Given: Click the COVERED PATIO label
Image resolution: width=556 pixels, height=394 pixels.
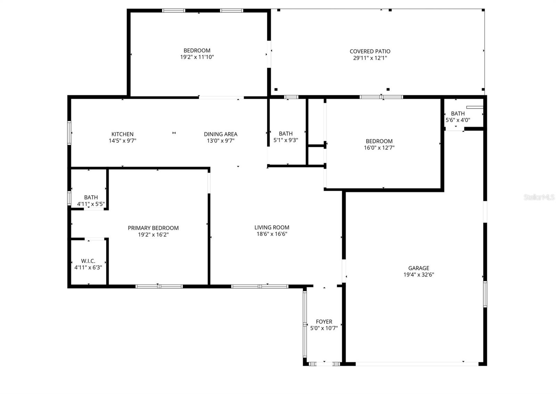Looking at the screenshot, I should click(370, 51).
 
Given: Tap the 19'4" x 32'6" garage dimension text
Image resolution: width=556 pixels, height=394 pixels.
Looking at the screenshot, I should click(418, 274).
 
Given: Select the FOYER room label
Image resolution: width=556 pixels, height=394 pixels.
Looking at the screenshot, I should click(324, 322).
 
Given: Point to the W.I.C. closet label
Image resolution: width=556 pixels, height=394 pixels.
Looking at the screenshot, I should click(88, 261).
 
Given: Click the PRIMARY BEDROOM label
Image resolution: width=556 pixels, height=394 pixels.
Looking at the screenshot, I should click(153, 228).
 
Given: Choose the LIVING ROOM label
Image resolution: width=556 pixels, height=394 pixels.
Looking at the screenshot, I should click(272, 228).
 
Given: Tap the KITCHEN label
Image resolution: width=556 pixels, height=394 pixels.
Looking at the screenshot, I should click(122, 134).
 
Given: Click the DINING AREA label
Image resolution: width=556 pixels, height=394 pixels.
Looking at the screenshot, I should click(220, 134).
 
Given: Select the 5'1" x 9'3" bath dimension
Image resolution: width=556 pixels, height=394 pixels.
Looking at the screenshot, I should click(286, 140).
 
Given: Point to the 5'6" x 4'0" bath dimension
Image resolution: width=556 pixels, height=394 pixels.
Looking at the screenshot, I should click(458, 120).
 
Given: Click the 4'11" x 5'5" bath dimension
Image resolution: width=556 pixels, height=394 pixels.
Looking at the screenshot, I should click(91, 204).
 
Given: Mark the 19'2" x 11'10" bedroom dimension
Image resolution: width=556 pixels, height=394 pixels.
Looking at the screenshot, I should click(197, 57).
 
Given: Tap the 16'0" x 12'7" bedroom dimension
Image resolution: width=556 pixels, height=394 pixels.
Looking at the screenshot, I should click(379, 148).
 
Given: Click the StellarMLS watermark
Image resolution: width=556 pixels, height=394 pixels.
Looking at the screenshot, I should click(539, 197).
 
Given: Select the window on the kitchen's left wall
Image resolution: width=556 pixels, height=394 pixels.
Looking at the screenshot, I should click(69, 132).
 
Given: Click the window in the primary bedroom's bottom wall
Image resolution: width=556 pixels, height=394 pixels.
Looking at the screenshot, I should click(159, 286).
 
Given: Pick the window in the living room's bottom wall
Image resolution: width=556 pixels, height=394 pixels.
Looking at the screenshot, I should click(260, 286).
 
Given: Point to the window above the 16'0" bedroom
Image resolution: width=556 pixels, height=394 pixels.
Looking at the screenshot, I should click(381, 97).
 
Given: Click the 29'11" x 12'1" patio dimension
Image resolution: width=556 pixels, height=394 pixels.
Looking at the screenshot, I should click(370, 58).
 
